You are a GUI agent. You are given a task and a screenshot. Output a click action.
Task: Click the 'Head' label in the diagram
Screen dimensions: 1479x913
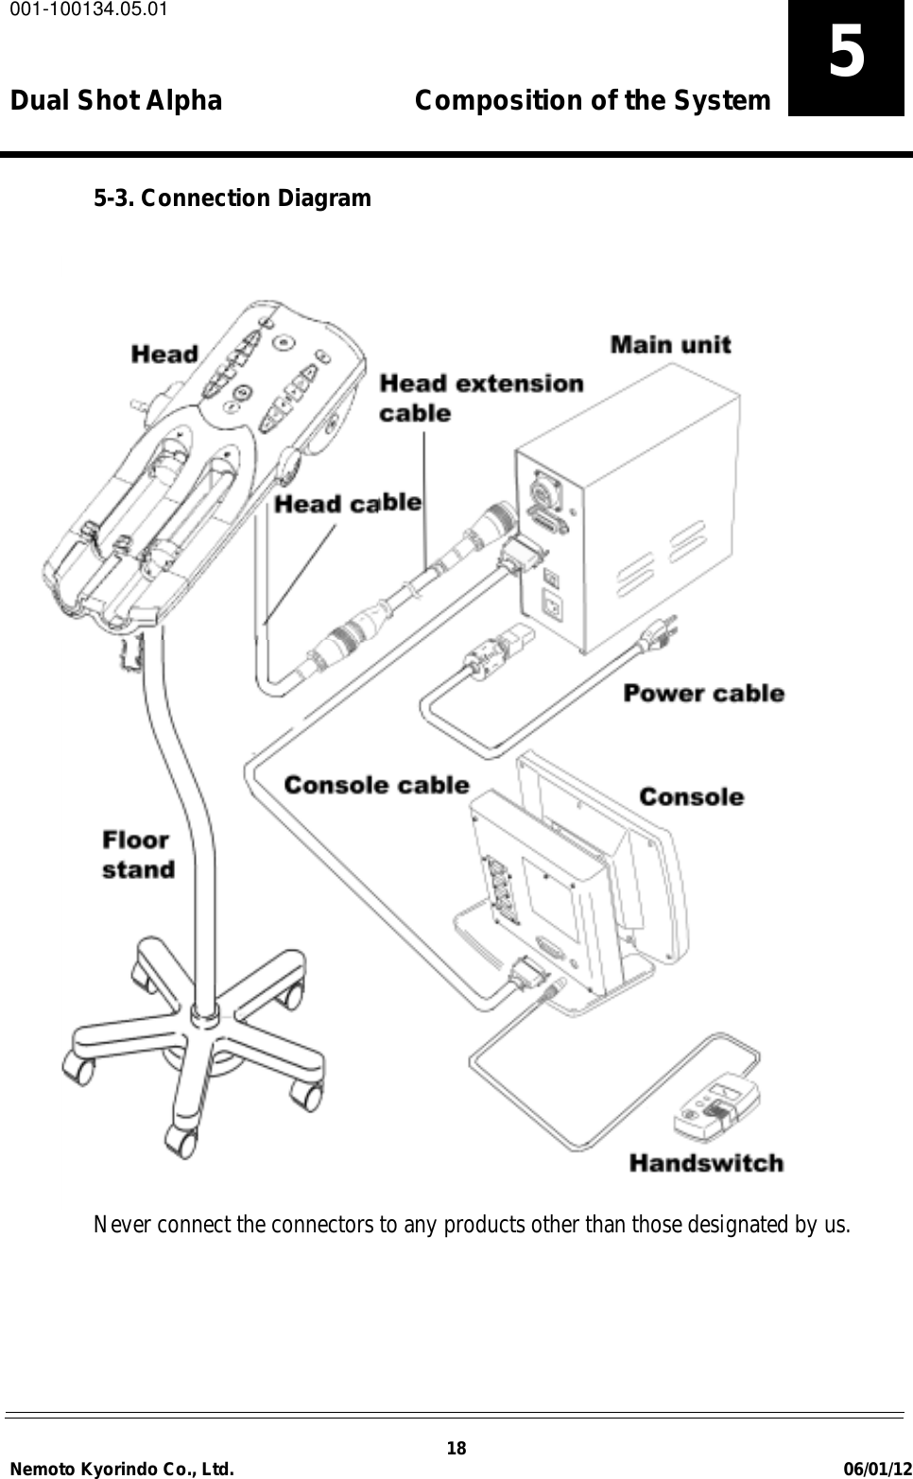(x=164, y=354)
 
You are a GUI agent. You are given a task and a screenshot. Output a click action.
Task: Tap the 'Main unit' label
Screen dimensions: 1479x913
(x=670, y=344)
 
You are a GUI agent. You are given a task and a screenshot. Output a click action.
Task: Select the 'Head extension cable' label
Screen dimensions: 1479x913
(x=480, y=398)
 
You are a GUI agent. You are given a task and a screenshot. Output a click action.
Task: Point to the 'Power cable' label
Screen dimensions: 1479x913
(x=703, y=694)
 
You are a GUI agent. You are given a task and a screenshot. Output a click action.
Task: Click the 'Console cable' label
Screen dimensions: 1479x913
(x=376, y=785)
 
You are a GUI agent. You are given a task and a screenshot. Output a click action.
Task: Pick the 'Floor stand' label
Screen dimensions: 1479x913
(x=138, y=854)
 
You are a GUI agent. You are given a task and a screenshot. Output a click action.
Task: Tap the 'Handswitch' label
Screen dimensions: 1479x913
(x=706, y=1163)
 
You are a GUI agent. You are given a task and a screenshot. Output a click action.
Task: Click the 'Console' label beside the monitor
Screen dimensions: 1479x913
(x=691, y=797)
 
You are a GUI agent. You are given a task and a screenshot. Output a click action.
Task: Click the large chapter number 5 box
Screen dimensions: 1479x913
(x=846, y=57)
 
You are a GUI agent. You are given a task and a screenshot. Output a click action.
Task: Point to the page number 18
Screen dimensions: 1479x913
(x=456, y=1449)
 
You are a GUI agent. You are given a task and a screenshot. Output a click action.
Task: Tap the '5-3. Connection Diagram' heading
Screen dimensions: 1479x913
(x=232, y=198)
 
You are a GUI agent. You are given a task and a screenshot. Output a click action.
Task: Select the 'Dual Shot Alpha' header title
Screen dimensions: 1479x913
(x=116, y=100)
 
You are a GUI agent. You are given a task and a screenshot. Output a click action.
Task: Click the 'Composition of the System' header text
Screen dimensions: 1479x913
(x=593, y=100)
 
